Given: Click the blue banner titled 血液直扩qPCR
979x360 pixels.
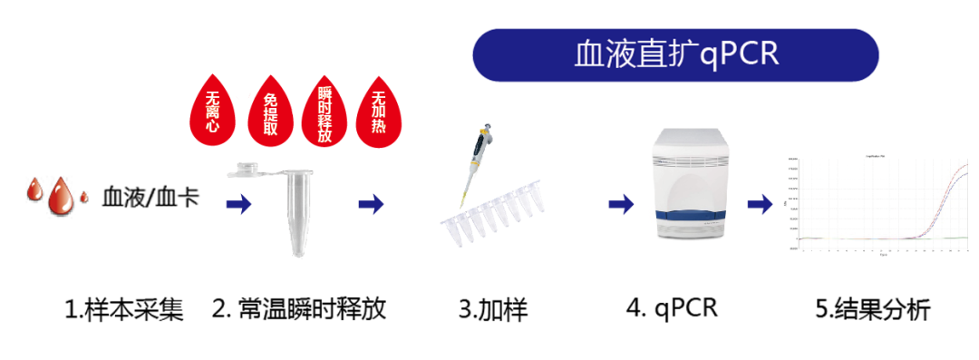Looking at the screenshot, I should coord(676,54).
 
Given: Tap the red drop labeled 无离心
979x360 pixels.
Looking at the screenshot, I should coord(214,116).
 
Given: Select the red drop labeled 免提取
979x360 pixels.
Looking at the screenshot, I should coord(270,116).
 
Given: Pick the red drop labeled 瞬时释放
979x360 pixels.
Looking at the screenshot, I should coord(325,116).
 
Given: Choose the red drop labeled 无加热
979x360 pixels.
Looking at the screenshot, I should coord(381,116).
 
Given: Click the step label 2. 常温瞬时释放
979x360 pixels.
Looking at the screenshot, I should coord(300,309).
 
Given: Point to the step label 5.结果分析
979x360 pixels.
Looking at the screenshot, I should coord(872,309).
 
